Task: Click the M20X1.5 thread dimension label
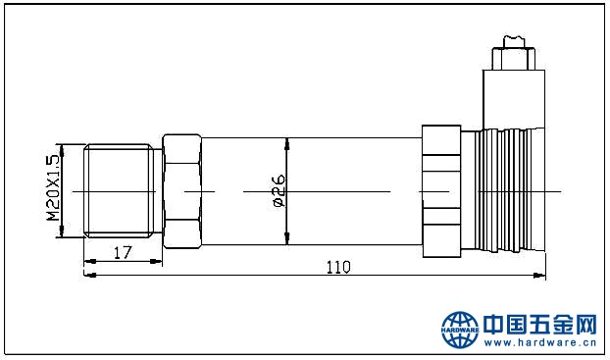point(53,188)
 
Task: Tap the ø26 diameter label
point(279,190)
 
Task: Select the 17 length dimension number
point(123,252)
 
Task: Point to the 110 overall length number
point(338,267)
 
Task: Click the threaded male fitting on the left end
point(119,190)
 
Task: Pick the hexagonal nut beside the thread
point(181,191)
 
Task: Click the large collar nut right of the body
point(441,191)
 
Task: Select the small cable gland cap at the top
point(514,59)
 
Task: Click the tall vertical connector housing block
point(514,99)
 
